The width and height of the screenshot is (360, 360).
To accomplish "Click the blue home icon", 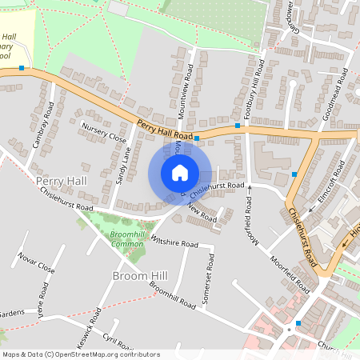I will (x=180, y=172).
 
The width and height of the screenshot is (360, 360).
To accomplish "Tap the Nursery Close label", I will (x=104, y=133).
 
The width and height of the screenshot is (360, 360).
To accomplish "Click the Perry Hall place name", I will (x=61, y=182).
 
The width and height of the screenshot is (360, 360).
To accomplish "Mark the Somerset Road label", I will (x=210, y=274).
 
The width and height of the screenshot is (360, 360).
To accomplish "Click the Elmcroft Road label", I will (x=330, y=198).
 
